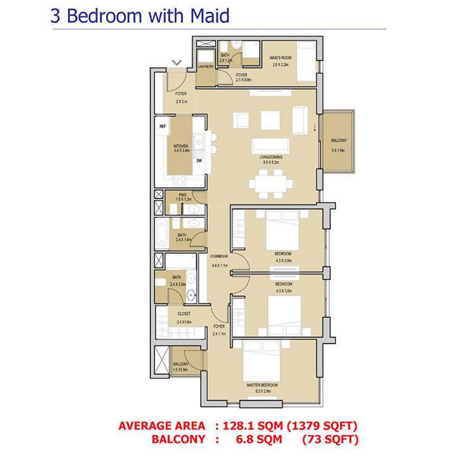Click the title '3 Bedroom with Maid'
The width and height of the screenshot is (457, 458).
140,16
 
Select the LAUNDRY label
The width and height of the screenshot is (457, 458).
205,66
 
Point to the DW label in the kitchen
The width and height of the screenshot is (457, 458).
198,160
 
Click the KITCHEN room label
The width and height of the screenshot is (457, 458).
180,147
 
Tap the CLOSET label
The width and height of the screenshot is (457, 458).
184,313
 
